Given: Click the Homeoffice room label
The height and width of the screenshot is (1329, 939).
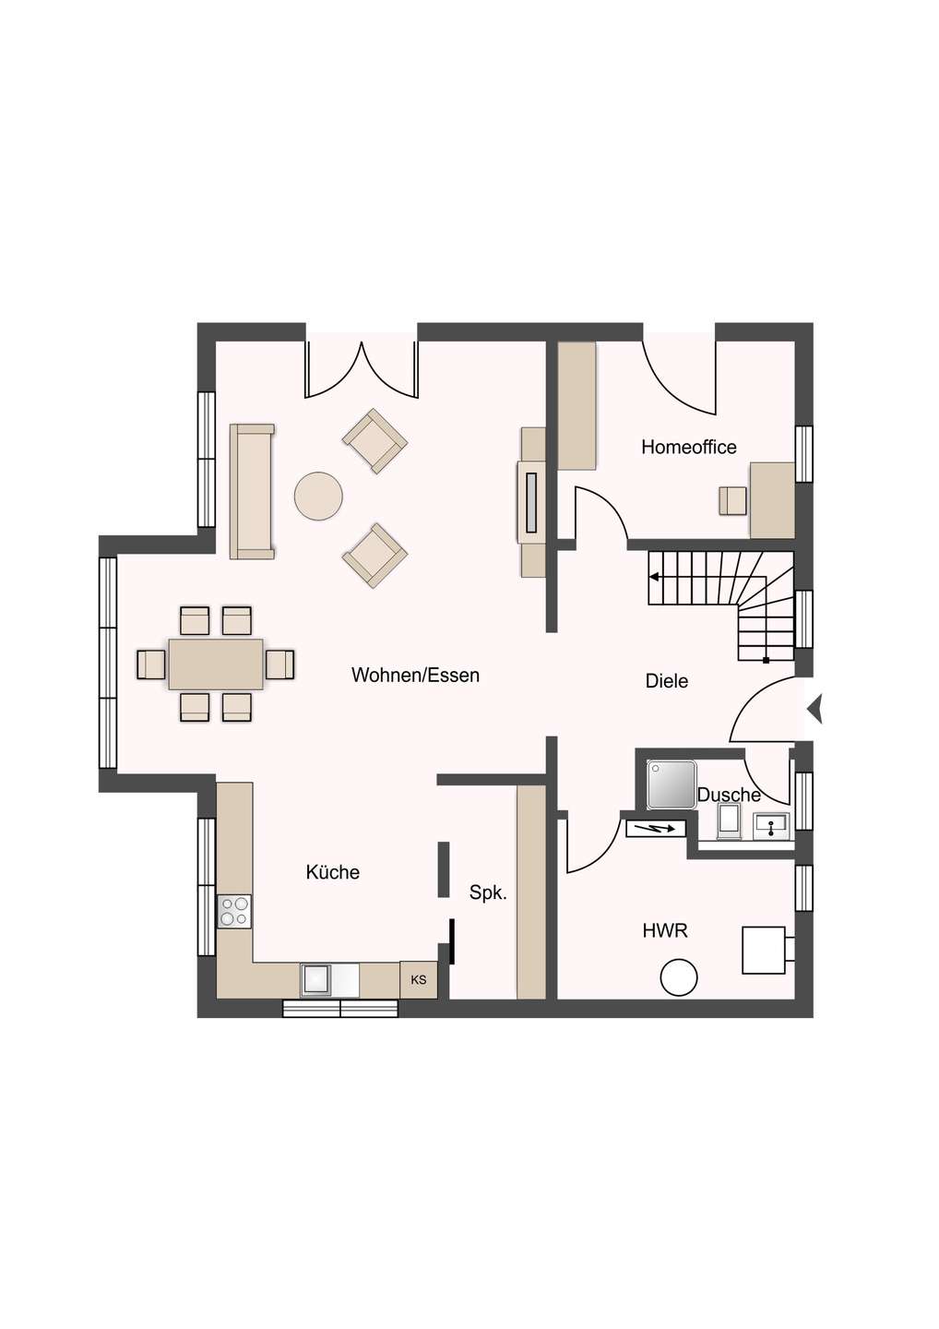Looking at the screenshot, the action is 689,447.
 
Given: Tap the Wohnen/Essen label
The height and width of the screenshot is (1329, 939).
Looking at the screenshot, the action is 415,676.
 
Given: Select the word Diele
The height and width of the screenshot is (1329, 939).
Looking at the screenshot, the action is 667,681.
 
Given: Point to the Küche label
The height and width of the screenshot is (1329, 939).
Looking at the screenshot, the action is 333,872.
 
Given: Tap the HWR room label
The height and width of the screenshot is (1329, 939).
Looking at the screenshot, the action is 665,931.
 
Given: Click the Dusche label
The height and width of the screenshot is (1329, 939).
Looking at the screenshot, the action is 729,795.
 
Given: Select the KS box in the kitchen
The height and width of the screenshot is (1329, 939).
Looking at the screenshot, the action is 419,980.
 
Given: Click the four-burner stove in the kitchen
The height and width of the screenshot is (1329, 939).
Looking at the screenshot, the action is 234,911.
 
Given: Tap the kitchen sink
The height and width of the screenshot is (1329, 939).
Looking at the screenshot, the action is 317,980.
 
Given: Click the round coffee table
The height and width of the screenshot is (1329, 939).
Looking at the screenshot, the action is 318,496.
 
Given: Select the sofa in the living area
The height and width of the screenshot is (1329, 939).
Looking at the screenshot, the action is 252,491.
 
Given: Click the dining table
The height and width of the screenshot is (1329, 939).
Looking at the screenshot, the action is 216,664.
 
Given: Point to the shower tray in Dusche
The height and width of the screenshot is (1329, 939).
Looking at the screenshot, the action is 672,784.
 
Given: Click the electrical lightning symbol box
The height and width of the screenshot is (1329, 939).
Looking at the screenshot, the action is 656,828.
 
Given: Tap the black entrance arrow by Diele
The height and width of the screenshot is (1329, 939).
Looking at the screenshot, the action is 815,709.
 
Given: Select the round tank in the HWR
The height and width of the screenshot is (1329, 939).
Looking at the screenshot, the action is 679,977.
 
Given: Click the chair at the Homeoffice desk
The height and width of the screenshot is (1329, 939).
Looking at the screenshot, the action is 733,501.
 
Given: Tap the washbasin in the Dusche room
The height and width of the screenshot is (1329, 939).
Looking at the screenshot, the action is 771,827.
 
